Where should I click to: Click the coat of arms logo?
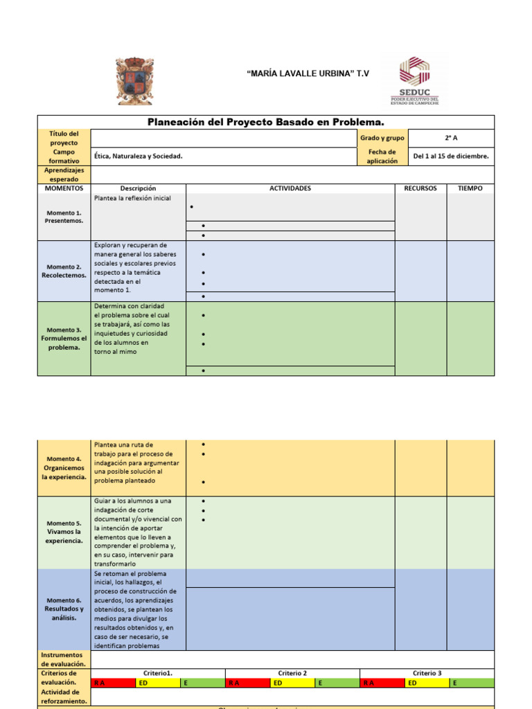click(x=135, y=81)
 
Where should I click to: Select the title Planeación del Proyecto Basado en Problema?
click(x=266, y=122)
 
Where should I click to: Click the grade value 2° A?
click(x=451, y=138)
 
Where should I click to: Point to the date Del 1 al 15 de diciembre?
click(x=451, y=156)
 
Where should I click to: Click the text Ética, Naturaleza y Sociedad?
click(x=139, y=156)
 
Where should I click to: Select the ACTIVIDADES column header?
click(x=290, y=188)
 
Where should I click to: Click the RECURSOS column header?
click(x=420, y=188)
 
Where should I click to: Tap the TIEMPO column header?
click(x=470, y=188)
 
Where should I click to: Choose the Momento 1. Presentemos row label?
click(x=64, y=217)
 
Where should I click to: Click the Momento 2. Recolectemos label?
click(x=64, y=271)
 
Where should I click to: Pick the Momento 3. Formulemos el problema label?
click(x=64, y=339)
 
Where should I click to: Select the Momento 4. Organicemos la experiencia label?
click(x=64, y=468)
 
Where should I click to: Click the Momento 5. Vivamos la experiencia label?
click(x=64, y=532)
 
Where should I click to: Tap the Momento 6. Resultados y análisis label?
click(x=64, y=609)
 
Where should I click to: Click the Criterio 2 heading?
click(x=292, y=673)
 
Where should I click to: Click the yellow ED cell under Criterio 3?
click(x=427, y=683)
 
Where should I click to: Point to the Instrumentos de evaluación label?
click(x=64, y=659)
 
